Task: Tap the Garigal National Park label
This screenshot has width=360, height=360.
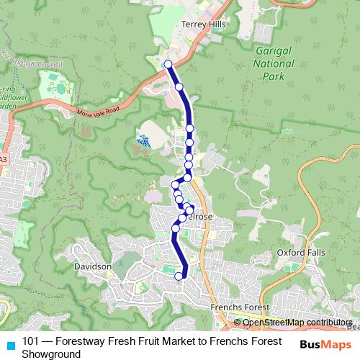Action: pyautogui.click(x=275, y=63)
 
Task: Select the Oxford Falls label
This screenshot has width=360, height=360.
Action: pyautogui.click(x=301, y=253)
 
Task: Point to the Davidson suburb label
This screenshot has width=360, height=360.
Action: pyautogui.click(x=93, y=266)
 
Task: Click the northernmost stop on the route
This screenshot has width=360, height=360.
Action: pyautogui.click(x=168, y=64)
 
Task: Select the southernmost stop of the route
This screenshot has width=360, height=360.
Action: pyautogui.click(x=179, y=276)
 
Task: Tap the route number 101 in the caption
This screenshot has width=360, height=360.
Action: pyautogui.click(x=31, y=341)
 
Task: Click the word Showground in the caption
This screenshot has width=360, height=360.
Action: pyautogui.click(x=50, y=354)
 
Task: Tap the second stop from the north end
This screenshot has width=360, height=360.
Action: pyautogui.click(x=179, y=87)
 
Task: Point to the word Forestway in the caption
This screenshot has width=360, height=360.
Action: pyautogui.click(x=79, y=341)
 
